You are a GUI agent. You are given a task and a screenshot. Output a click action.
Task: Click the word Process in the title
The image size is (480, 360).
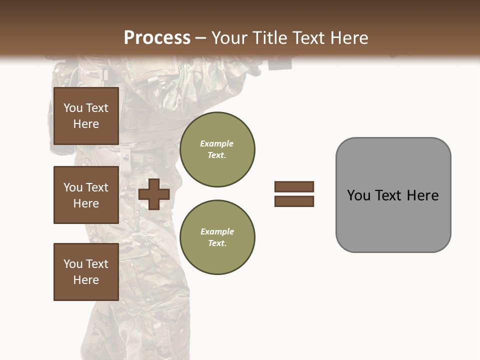click(157, 38)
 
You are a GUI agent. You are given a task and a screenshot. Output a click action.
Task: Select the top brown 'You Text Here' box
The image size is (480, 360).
click(86, 116)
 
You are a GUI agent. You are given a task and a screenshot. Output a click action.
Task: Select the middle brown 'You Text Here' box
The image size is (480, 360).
click(86, 195)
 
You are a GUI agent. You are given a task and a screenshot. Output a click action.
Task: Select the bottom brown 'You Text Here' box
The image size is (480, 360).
click(86, 271)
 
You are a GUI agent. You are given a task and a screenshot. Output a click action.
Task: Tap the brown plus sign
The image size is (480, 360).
click(154, 194)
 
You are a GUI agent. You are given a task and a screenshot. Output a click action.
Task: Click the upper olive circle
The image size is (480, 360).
click(217, 149)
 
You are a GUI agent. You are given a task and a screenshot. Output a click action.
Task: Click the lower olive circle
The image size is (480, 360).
click(217, 237)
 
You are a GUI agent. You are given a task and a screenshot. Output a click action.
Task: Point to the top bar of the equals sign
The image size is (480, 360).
click(294, 186)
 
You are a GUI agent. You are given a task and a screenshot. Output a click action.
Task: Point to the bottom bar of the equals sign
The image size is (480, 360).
click(294, 201)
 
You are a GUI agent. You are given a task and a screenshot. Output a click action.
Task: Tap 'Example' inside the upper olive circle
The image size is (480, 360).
click(216, 143)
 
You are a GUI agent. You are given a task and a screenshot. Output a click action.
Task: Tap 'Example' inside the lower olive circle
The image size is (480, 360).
click(217, 231)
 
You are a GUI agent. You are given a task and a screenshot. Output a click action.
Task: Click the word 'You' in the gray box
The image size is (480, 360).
click(359, 195)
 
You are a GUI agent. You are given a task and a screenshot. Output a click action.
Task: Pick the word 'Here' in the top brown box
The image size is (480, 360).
click(86, 124)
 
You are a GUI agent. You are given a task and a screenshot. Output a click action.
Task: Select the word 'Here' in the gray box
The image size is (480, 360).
click(422, 195)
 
